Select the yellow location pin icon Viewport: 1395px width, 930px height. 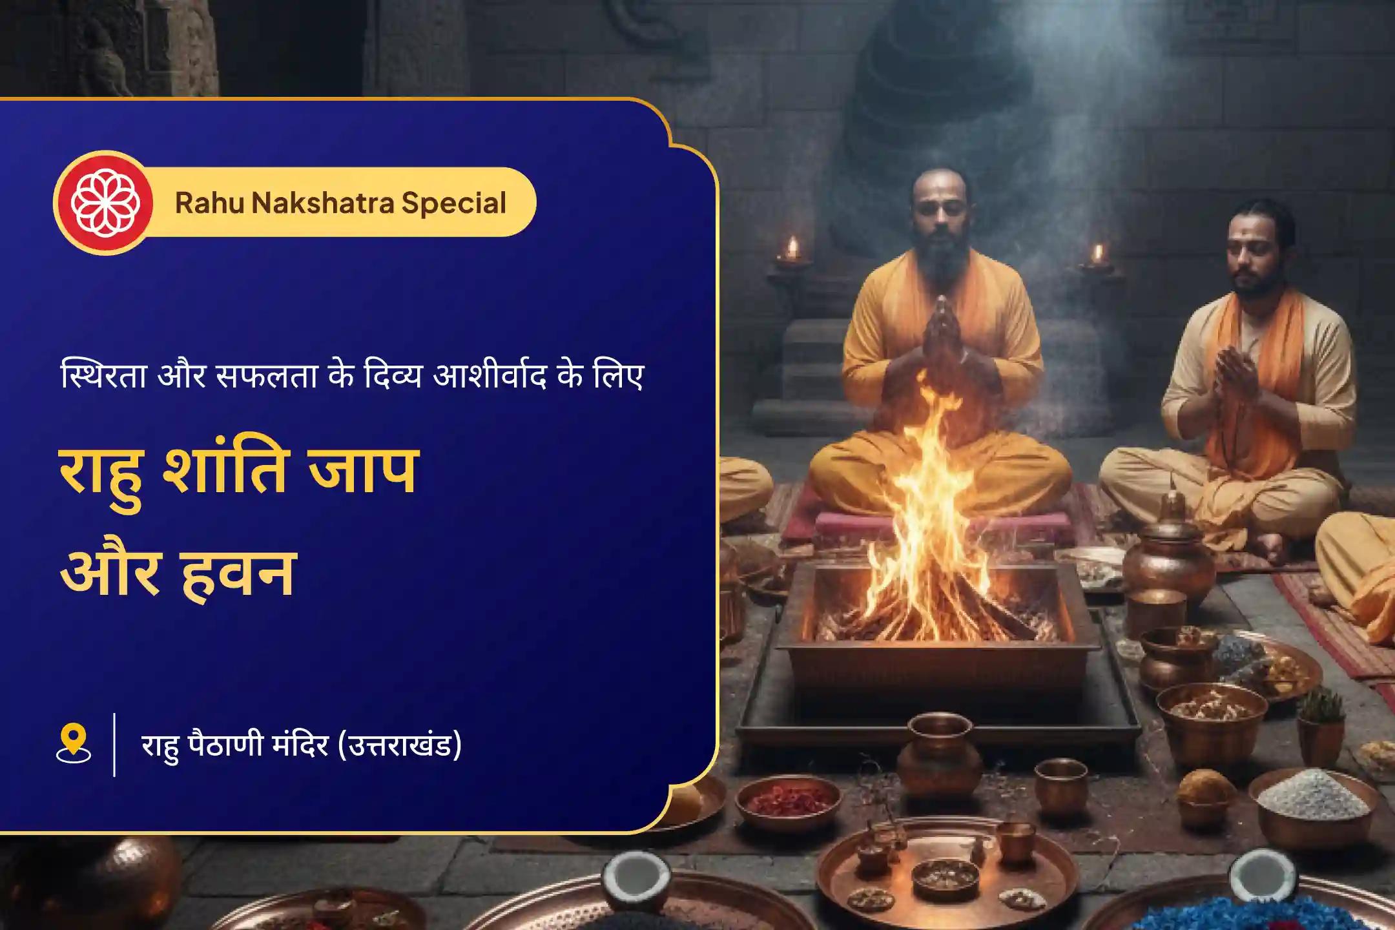[74, 743]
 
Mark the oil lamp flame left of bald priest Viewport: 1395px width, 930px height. [792, 247]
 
